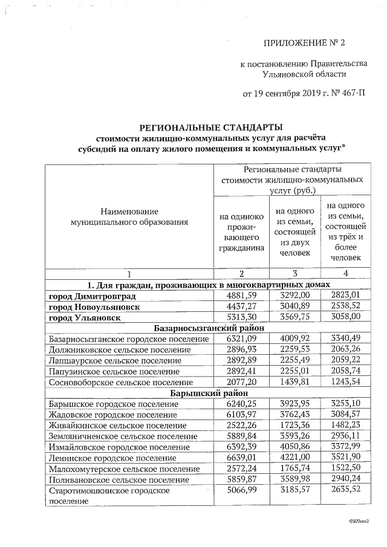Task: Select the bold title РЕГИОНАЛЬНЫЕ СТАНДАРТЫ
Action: pos(211,128)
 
